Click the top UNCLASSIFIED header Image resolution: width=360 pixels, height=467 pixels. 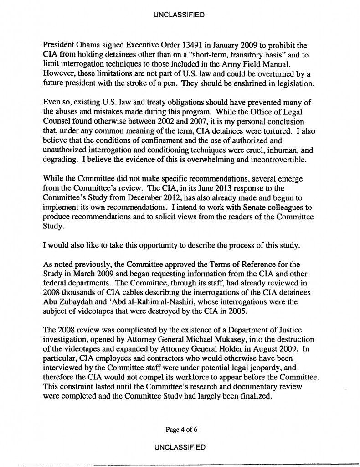tap(180, 15)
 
